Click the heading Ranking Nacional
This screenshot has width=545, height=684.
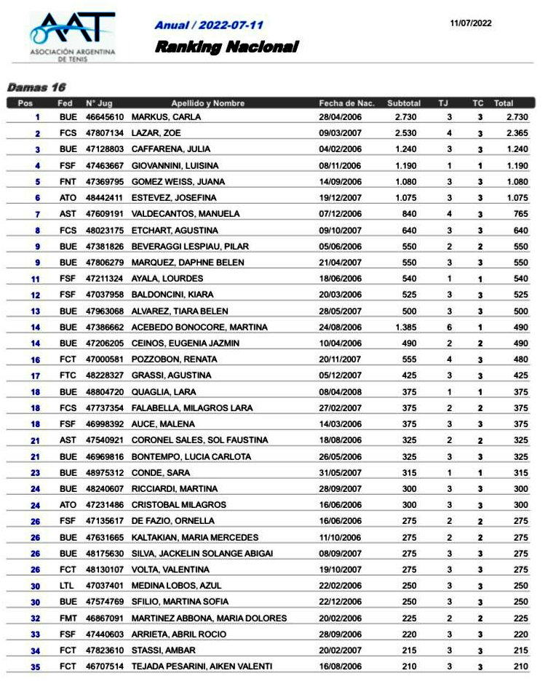[x=226, y=47]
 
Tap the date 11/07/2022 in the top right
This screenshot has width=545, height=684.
[x=471, y=23]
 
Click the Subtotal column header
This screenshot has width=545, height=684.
[x=404, y=103]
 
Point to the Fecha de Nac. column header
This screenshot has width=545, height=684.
[x=346, y=103]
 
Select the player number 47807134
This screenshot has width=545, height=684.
[x=105, y=133]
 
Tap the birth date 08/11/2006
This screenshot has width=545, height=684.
[x=340, y=166]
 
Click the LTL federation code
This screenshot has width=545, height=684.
[x=67, y=586]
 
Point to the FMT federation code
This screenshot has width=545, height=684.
[x=68, y=619]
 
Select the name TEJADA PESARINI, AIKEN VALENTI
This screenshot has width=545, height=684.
[x=202, y=667]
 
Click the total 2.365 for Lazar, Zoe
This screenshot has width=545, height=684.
[x=517, y=133]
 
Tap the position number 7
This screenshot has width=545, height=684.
[x=36, y=215]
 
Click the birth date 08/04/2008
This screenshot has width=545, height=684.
[x=340, y=391]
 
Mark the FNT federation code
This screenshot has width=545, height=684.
[x=68, y=182]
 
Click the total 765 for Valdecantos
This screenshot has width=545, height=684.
[x=520, y=214]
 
